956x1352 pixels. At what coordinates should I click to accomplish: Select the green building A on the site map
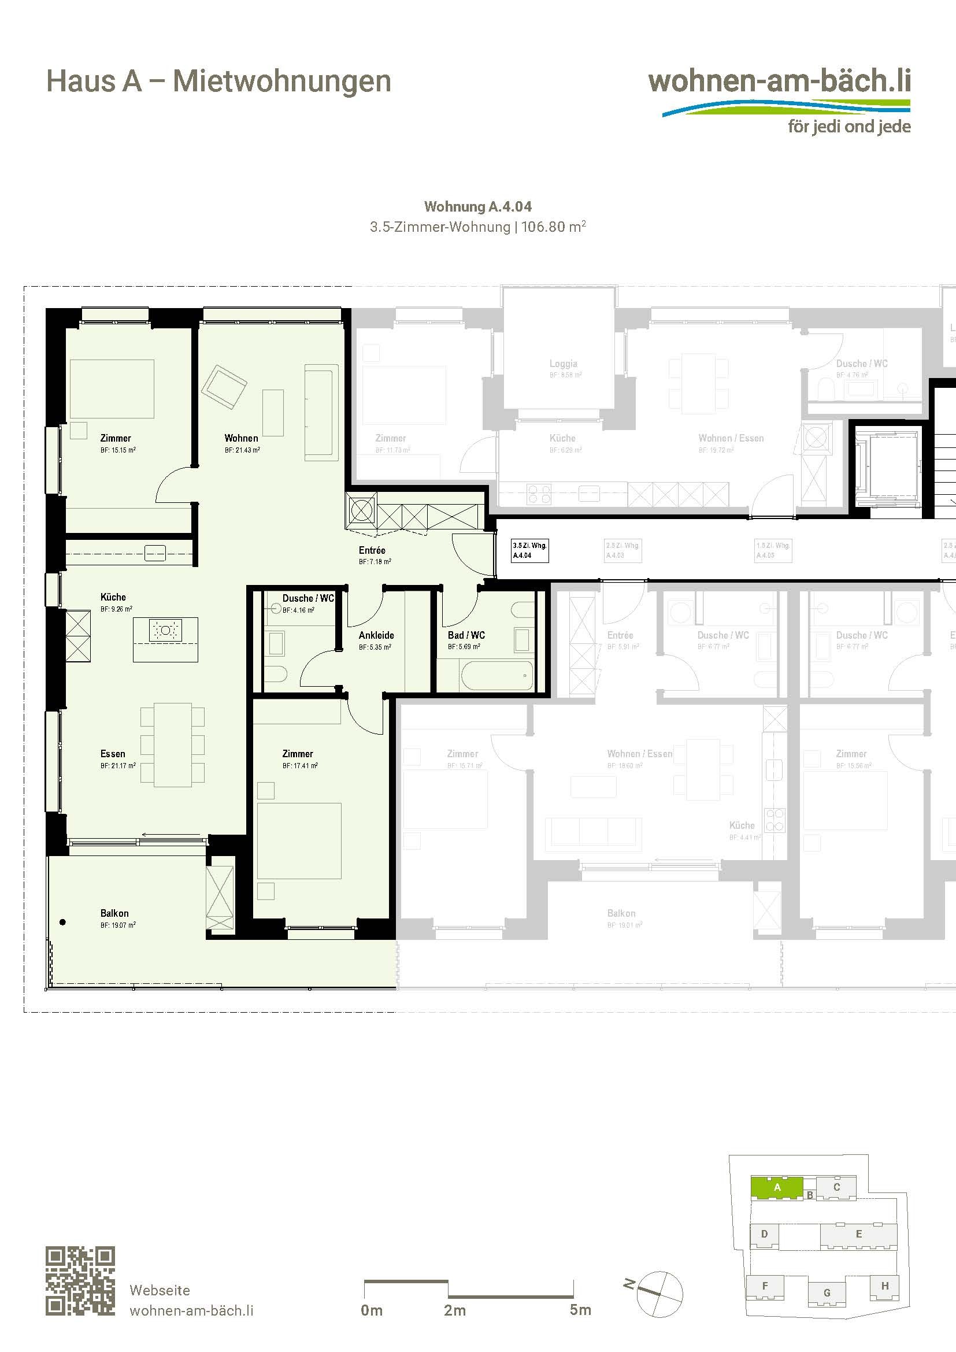click(x=776, y=1187)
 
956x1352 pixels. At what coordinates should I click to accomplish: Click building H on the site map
click(x=884, y=1286)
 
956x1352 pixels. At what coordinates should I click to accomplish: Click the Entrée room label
click(x=372, y=550)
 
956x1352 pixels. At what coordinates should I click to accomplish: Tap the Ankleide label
click(x=376, y=635)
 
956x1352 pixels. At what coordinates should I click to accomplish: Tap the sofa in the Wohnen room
click(x=321, y=412)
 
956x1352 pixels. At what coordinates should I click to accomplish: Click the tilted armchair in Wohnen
click(x=224, y=387)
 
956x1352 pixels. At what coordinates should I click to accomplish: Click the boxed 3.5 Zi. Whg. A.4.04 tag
click(x=530, y=550)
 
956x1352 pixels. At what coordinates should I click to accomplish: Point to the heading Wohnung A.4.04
click(x=477, y=207)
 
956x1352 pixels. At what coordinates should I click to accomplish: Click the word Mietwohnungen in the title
click(x=282, y=82)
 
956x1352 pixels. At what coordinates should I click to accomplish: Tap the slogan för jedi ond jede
click(x=849, y=127)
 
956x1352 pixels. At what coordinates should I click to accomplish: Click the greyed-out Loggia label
click(x=563, y=364)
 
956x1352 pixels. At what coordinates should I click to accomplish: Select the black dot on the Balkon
click(x=63, y=922)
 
